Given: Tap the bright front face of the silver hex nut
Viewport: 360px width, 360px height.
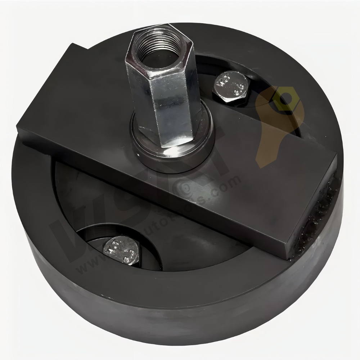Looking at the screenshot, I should click(x=172, y=108).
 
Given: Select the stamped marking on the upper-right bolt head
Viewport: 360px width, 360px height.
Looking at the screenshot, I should click(x=231, y=85).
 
